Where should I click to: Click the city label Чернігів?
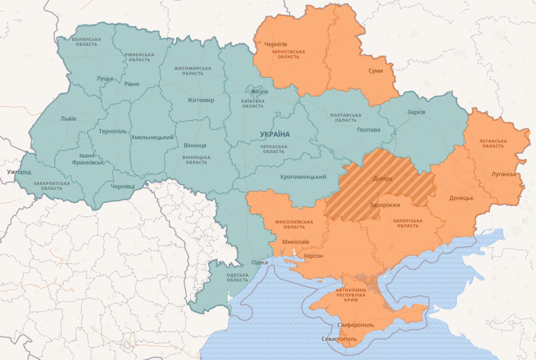(x=276, y=44)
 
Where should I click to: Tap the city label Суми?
(x=376, y=71)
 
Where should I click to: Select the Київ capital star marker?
(x=253, y=91)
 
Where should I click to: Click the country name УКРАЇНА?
(x=275, y=134)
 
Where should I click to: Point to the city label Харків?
(x=416, y=112)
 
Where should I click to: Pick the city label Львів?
(x=68, y=118)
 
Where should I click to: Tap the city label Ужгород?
(x=19, y=172)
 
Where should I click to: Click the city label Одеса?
(x=259, y=262)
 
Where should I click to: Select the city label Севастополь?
(x=339, y=338)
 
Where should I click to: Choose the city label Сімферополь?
(x=356, y=325)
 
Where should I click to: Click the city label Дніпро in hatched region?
(x=382, y=178)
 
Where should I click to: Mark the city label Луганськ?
(x=504, y=174)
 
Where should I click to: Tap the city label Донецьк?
(x=461, y=198)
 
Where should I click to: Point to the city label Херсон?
(x=313, y=256)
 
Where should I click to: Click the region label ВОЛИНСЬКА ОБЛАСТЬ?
(x=86, y=41)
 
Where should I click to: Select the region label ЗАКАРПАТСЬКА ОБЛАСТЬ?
(x=52, y=186)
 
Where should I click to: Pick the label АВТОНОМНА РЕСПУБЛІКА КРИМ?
(x=350, y=295)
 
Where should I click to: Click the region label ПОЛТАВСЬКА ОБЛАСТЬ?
(x=345, y=118)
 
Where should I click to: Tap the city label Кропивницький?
(x=303, y=177)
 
